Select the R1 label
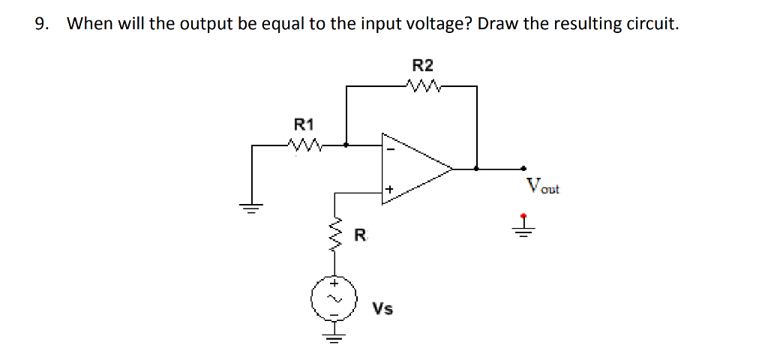pyautogui.click(x=304, y=124)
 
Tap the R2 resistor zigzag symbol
pyautogui.click(x=423, y=86)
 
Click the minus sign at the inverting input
pyautogui.click(x=389, y=150)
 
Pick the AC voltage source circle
pyautogui.click(x=330, y=298)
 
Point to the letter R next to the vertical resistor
pyautogui.click(x=360, y=238)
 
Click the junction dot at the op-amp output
pyautogui.click(x=476, y=169)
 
